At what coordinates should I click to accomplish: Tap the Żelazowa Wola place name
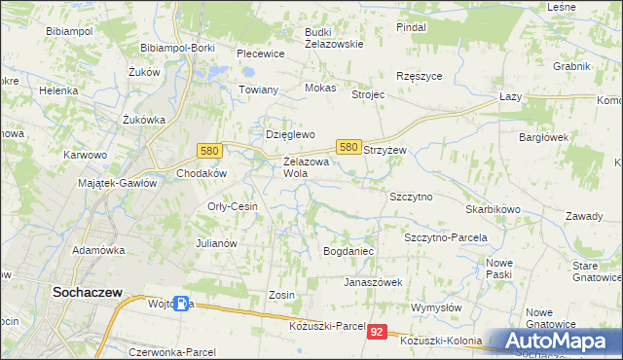point(307,166)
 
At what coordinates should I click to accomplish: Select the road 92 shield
point(379,332)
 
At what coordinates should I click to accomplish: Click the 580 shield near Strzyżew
point(349,146)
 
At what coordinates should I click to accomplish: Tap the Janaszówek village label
point(372,282)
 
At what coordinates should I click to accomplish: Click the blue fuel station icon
point(182,304)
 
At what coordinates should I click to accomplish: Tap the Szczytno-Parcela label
point(445,237)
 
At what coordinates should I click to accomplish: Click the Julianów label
point(217,243)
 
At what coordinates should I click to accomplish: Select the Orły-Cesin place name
point(233,206)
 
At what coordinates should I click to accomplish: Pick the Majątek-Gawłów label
point(117,183)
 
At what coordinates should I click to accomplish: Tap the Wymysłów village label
point(434,307)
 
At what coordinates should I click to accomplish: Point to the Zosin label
point(280,294)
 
